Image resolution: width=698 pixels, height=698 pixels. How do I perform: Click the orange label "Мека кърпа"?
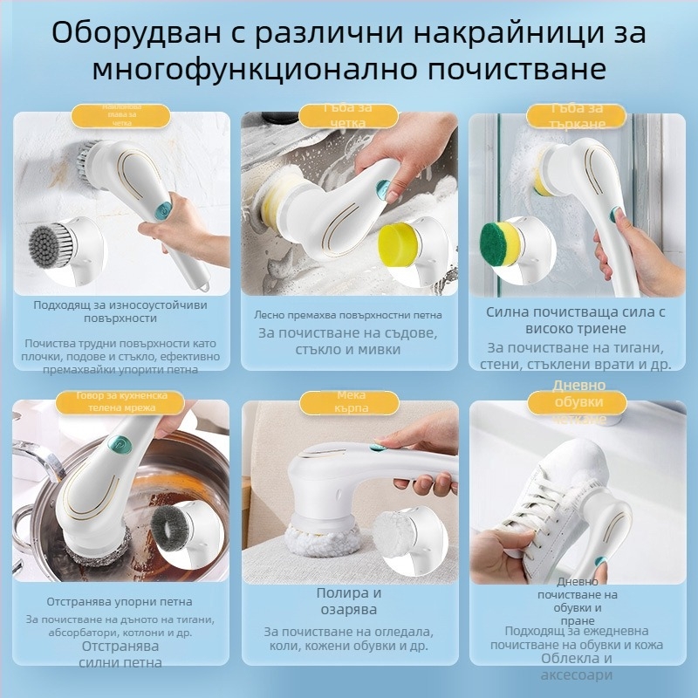tap(350, 401)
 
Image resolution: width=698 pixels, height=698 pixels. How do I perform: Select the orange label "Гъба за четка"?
tap(350, 115)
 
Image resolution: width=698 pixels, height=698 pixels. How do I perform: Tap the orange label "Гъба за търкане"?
tap(578, 116)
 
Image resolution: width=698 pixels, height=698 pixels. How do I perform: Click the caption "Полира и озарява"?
tap(349, 601)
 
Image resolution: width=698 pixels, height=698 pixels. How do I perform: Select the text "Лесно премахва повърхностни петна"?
tap(349, 315)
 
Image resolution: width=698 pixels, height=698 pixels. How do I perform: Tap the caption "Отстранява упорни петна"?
tap(120, 602)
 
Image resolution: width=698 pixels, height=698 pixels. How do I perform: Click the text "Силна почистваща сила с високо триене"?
tap(577, 319)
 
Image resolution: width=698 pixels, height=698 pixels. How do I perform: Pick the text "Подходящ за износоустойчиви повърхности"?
tap(120, 311)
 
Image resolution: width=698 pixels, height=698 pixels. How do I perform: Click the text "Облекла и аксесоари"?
tap(577, 667)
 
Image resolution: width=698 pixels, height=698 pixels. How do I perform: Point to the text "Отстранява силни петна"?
tap(121, 654)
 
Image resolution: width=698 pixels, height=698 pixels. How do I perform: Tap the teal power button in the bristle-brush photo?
tap(163, 209)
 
